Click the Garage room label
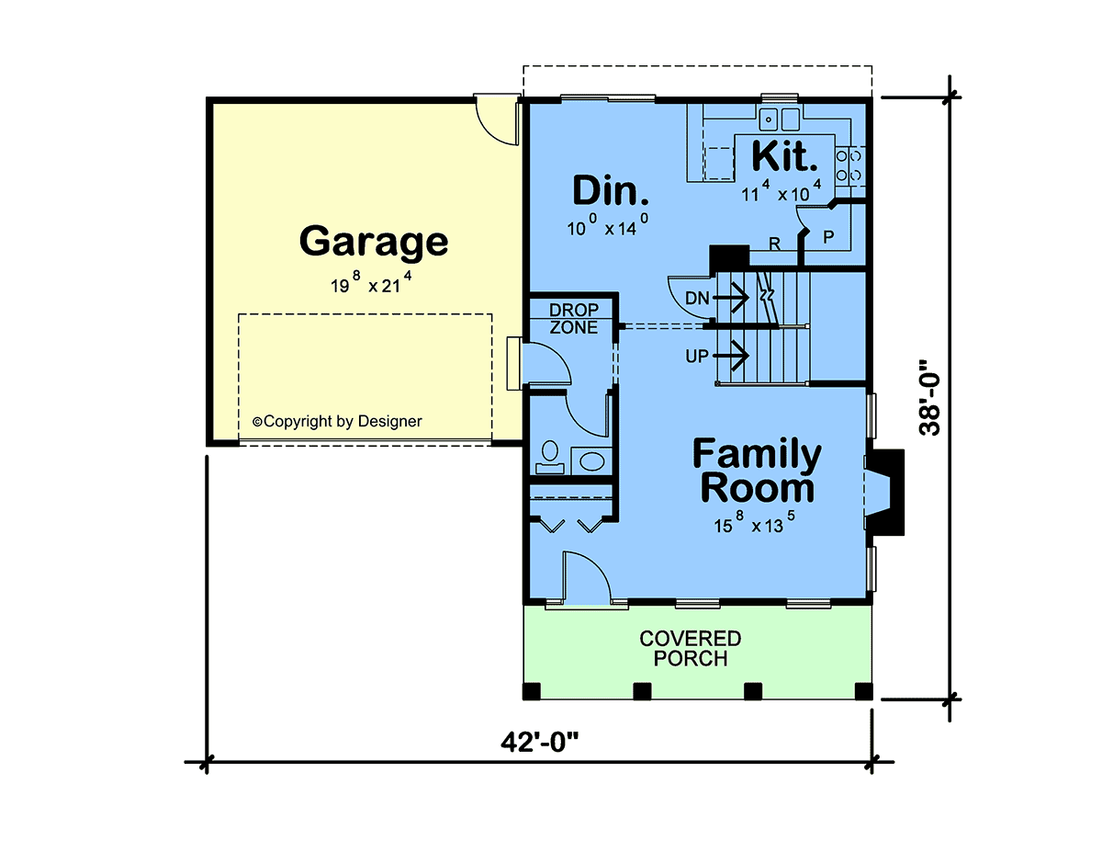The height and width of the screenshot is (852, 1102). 374,242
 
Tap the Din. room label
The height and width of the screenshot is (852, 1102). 610,190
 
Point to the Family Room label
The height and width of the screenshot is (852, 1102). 757,471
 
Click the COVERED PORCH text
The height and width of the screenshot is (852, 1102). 691,648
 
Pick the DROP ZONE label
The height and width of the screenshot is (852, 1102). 574,319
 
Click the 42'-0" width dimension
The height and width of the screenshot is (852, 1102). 539,743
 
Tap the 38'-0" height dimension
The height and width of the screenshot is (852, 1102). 929,397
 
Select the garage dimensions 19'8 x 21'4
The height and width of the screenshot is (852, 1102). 371,283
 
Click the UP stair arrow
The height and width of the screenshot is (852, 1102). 731,356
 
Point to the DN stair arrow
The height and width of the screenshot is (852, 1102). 731,298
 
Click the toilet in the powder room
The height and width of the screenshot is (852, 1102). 550,457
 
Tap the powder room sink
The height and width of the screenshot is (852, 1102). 591,461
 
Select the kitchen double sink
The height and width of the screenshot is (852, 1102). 779,119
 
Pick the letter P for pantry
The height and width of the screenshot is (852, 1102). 828,236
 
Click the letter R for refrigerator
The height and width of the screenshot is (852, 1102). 775,244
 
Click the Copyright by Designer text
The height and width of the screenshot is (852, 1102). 337,421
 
